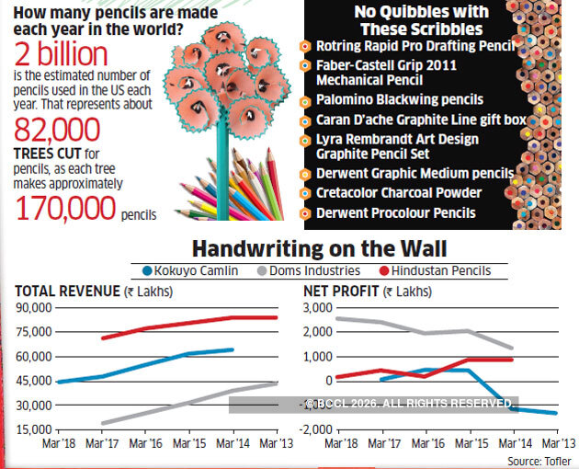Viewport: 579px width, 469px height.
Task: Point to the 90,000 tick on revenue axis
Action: (x=32, y=308)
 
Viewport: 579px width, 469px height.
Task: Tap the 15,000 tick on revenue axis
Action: (x=32, y=429)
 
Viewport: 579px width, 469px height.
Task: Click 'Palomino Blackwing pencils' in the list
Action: (x=400, y=99)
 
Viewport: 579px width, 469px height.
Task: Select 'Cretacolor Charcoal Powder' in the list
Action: (x=399, y=191)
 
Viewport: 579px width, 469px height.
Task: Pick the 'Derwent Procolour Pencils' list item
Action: (x=396, y=213)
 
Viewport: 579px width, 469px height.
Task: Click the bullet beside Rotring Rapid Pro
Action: (x=304, y=46)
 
